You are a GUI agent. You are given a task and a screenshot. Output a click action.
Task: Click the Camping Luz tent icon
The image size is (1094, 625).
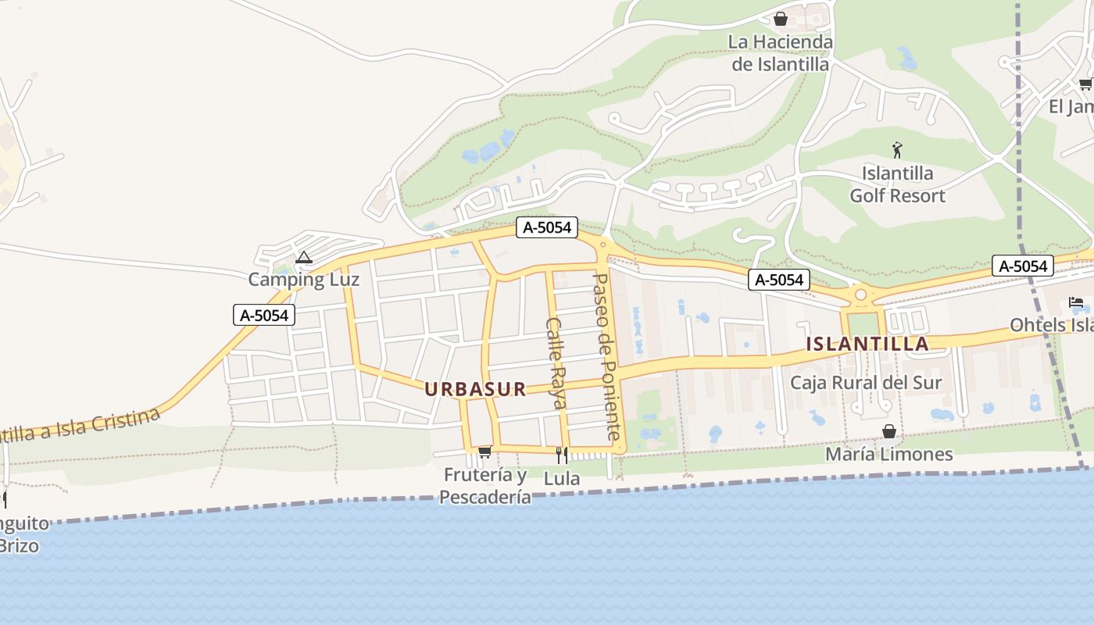tap(304, 257)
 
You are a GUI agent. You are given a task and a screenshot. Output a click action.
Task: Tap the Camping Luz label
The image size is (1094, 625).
tap(304, 279)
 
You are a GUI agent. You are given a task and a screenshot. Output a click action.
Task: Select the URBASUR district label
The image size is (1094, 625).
tap(475, 389)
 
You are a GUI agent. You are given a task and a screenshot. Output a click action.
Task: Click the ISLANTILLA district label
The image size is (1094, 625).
tap(867, 344)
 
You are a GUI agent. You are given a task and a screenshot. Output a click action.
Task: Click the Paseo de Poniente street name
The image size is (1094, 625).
tap(607, 355)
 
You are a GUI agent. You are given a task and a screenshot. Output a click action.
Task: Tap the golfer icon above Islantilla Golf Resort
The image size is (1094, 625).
tap(897, 149)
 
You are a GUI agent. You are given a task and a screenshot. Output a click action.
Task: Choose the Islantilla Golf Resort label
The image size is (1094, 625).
tap(897, 184)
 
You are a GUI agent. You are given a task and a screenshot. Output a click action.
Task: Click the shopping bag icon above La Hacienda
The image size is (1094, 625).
tap(780, 19)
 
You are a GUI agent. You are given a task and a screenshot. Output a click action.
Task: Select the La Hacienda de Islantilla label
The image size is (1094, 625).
tap(780, 52)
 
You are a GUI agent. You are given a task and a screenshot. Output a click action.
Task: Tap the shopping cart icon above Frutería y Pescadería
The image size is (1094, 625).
tap(484, 452)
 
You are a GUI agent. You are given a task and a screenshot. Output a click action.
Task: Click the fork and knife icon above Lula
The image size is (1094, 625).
tap(561, 455)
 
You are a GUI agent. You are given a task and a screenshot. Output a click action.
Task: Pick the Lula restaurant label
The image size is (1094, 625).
tap(561, 478)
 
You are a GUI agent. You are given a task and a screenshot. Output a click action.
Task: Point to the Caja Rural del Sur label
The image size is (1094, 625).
tap(866, 383)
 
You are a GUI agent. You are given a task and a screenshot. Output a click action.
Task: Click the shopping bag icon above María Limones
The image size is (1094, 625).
tap(889, 431)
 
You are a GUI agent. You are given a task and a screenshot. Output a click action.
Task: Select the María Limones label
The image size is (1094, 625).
tap(889, 454)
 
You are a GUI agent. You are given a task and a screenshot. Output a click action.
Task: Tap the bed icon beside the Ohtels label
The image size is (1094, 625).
tap(1076, 302)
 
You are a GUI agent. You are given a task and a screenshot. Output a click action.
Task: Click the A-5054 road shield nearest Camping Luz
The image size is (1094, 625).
tap(264, 316)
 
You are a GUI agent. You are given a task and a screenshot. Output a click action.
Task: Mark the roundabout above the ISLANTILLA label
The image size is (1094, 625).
tap(861, 295)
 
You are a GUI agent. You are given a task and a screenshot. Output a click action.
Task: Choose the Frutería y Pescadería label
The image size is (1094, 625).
tap(484, 486)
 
